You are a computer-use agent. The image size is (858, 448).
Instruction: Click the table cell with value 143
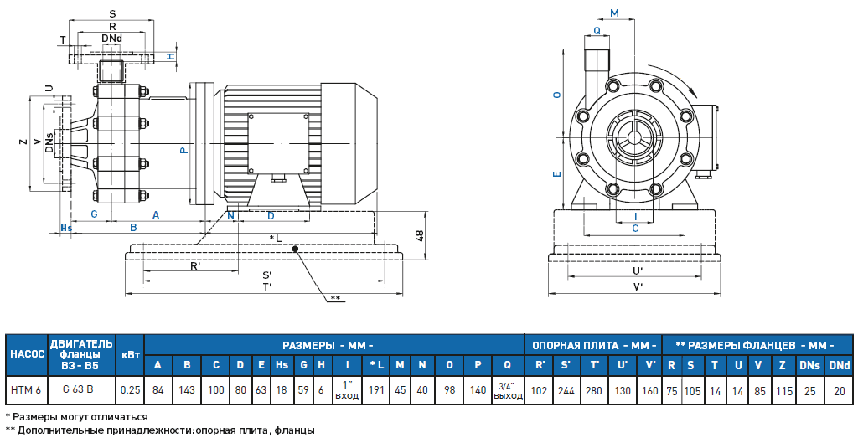(188, 389)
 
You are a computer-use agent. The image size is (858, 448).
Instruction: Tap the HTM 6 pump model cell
(26, 389)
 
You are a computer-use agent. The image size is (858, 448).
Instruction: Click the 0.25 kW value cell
(129, 389)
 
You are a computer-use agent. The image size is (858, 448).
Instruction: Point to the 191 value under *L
(375, 389)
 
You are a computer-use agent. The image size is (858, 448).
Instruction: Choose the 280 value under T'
(594, 389)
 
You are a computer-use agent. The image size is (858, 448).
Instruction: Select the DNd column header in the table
(839, 365)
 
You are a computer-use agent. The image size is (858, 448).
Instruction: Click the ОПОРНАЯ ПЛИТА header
(592, 344)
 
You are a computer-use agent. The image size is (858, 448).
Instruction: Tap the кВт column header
(129, 355)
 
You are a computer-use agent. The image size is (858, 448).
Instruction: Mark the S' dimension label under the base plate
(267, 275)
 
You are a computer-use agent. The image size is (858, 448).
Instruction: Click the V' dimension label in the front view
(638, 287)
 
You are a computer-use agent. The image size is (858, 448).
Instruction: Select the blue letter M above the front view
(614, 13)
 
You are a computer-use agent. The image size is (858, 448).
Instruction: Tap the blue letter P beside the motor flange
(183, 150)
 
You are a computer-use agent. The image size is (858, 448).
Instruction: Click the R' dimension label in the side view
(194, 265)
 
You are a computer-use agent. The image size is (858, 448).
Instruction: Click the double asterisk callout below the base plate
(335, 298)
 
